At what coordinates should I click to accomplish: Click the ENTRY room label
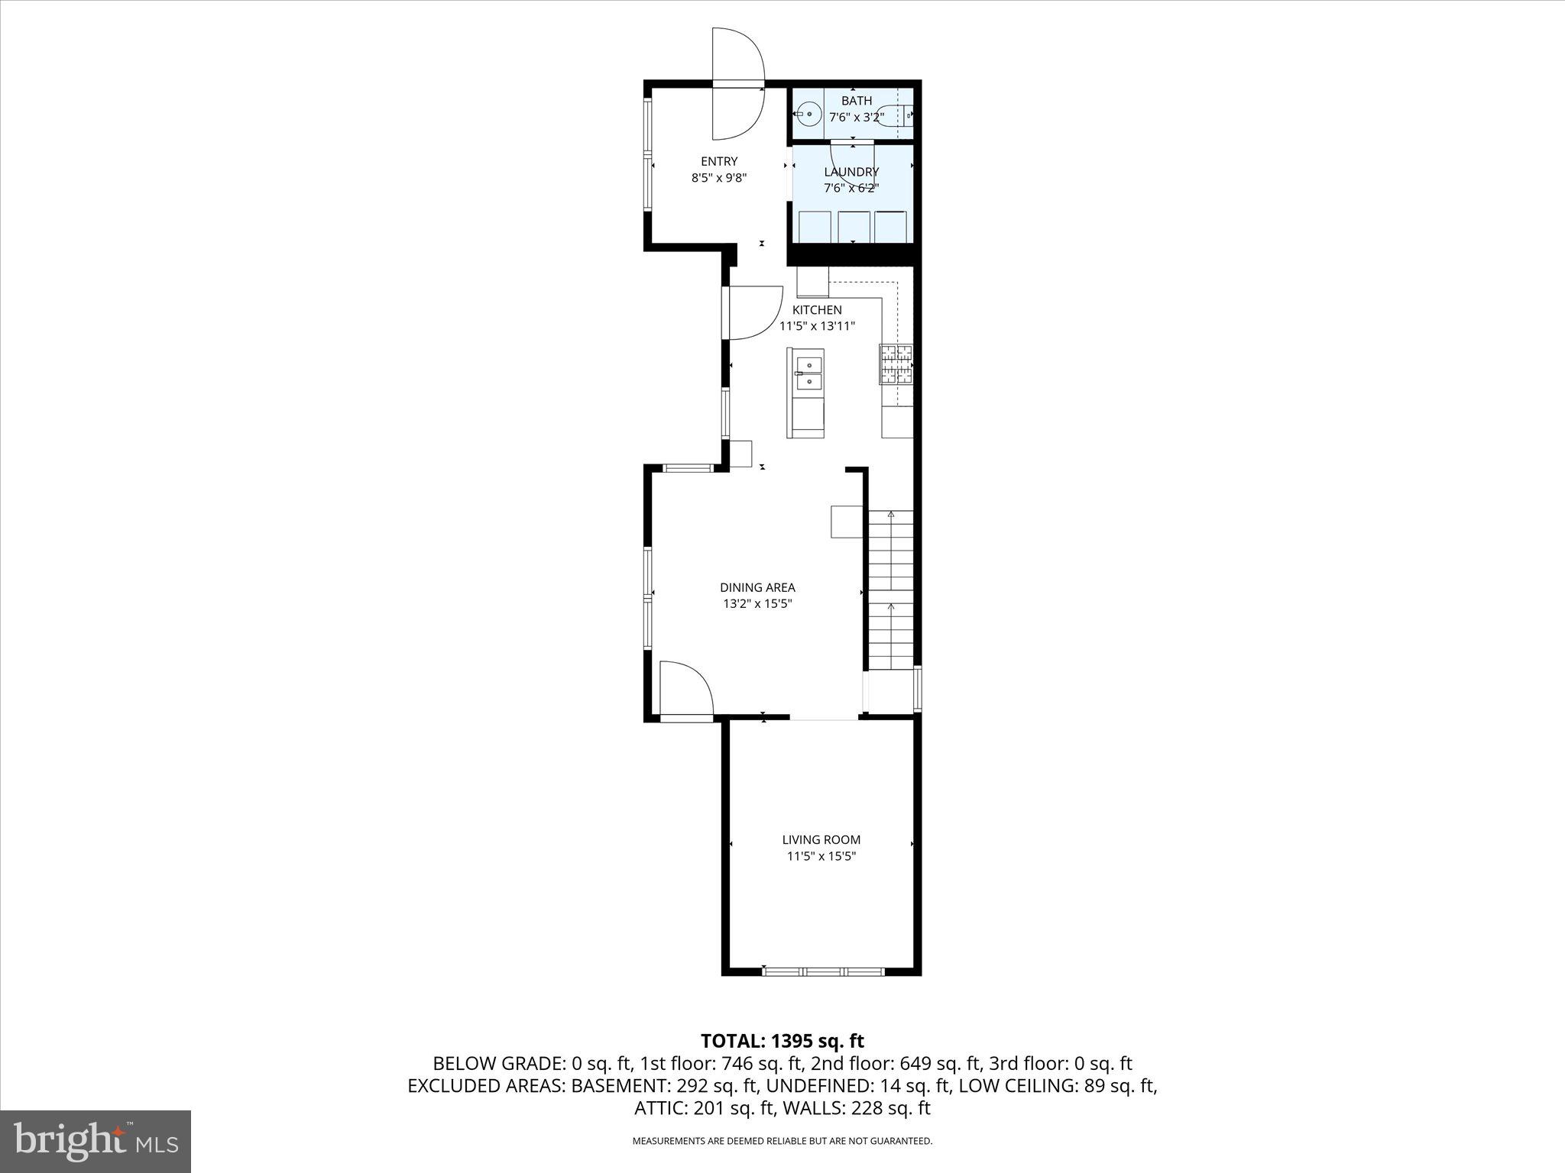719,161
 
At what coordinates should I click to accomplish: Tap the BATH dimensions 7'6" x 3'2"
857,118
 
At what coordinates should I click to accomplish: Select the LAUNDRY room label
851,172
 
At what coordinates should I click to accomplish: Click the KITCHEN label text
817,309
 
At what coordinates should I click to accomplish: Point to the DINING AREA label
757,587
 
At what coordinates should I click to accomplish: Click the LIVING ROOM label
821,839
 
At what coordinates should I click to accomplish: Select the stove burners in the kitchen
896,364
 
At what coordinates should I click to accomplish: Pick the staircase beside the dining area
891,588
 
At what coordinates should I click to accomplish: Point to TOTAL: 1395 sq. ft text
782,1041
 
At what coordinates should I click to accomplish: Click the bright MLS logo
96,1141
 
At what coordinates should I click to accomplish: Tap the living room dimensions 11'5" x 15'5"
821,856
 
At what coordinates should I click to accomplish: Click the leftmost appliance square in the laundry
814,227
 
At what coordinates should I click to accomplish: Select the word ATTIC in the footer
659,1108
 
